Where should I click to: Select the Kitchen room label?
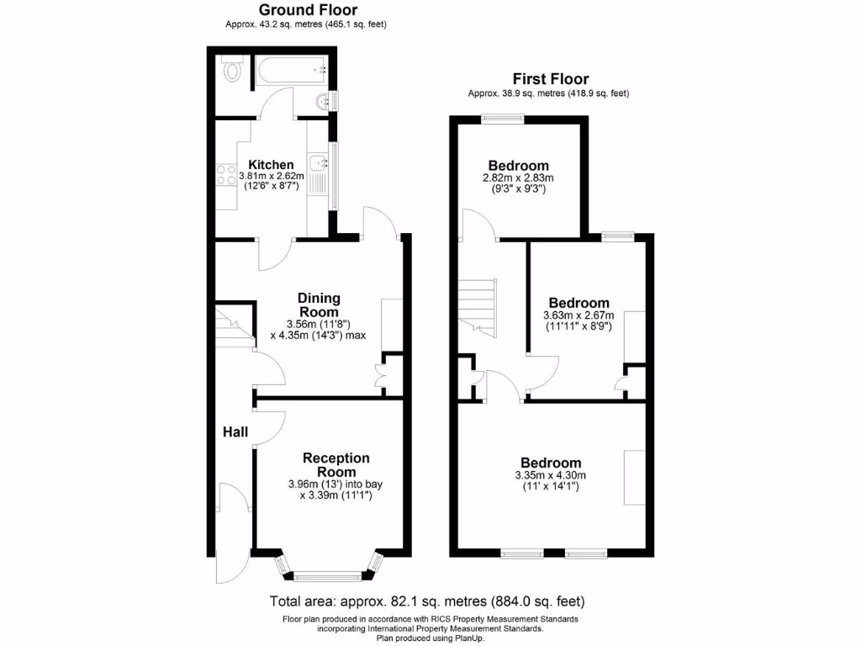click(271, 164)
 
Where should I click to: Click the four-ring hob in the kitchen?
click(226, 175)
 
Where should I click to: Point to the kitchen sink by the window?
click(318, 164)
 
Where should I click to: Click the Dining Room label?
click(320, 304)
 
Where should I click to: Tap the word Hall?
click(235, 432)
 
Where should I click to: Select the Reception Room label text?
click(336, 465)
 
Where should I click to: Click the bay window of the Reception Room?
click(329, 575)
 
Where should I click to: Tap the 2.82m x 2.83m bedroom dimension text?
click(518, 178)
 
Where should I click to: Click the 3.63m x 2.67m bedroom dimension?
click(578, 316)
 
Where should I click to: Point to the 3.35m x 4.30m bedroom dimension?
click(551, 476)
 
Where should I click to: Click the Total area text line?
click(426, 601)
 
